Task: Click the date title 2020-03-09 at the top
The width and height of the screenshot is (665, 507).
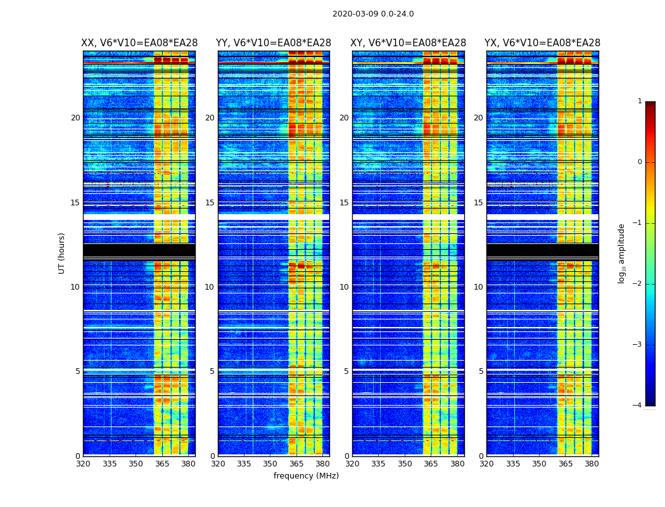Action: point(373,14)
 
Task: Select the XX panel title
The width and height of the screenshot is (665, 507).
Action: point(139,43)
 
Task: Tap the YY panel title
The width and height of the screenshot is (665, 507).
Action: point(274,43)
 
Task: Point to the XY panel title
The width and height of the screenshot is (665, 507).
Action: point(408,43)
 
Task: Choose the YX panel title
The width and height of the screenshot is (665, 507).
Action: point(543,43)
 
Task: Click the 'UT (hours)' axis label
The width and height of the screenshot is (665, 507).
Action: point(62,253)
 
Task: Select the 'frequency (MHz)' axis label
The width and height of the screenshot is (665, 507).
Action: point(306,476)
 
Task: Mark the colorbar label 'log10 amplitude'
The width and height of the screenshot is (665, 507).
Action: point(622,253)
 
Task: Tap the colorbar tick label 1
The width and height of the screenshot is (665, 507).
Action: point(640,101)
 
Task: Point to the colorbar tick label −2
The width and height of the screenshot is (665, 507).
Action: point(638,284)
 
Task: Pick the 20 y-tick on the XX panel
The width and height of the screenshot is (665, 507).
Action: point(75,118)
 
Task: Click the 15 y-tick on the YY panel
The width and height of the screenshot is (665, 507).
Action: point(210,203)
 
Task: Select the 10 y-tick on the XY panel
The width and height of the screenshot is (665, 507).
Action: point(344,287)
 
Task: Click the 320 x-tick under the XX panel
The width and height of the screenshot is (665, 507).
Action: point(83,464)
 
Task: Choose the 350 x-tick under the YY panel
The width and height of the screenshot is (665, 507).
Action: point(270,464)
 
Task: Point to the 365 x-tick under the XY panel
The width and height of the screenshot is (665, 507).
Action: point(431,464)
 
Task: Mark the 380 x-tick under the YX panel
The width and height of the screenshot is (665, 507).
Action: point(592,464)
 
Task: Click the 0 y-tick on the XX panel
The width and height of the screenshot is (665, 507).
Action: point(78,456)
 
